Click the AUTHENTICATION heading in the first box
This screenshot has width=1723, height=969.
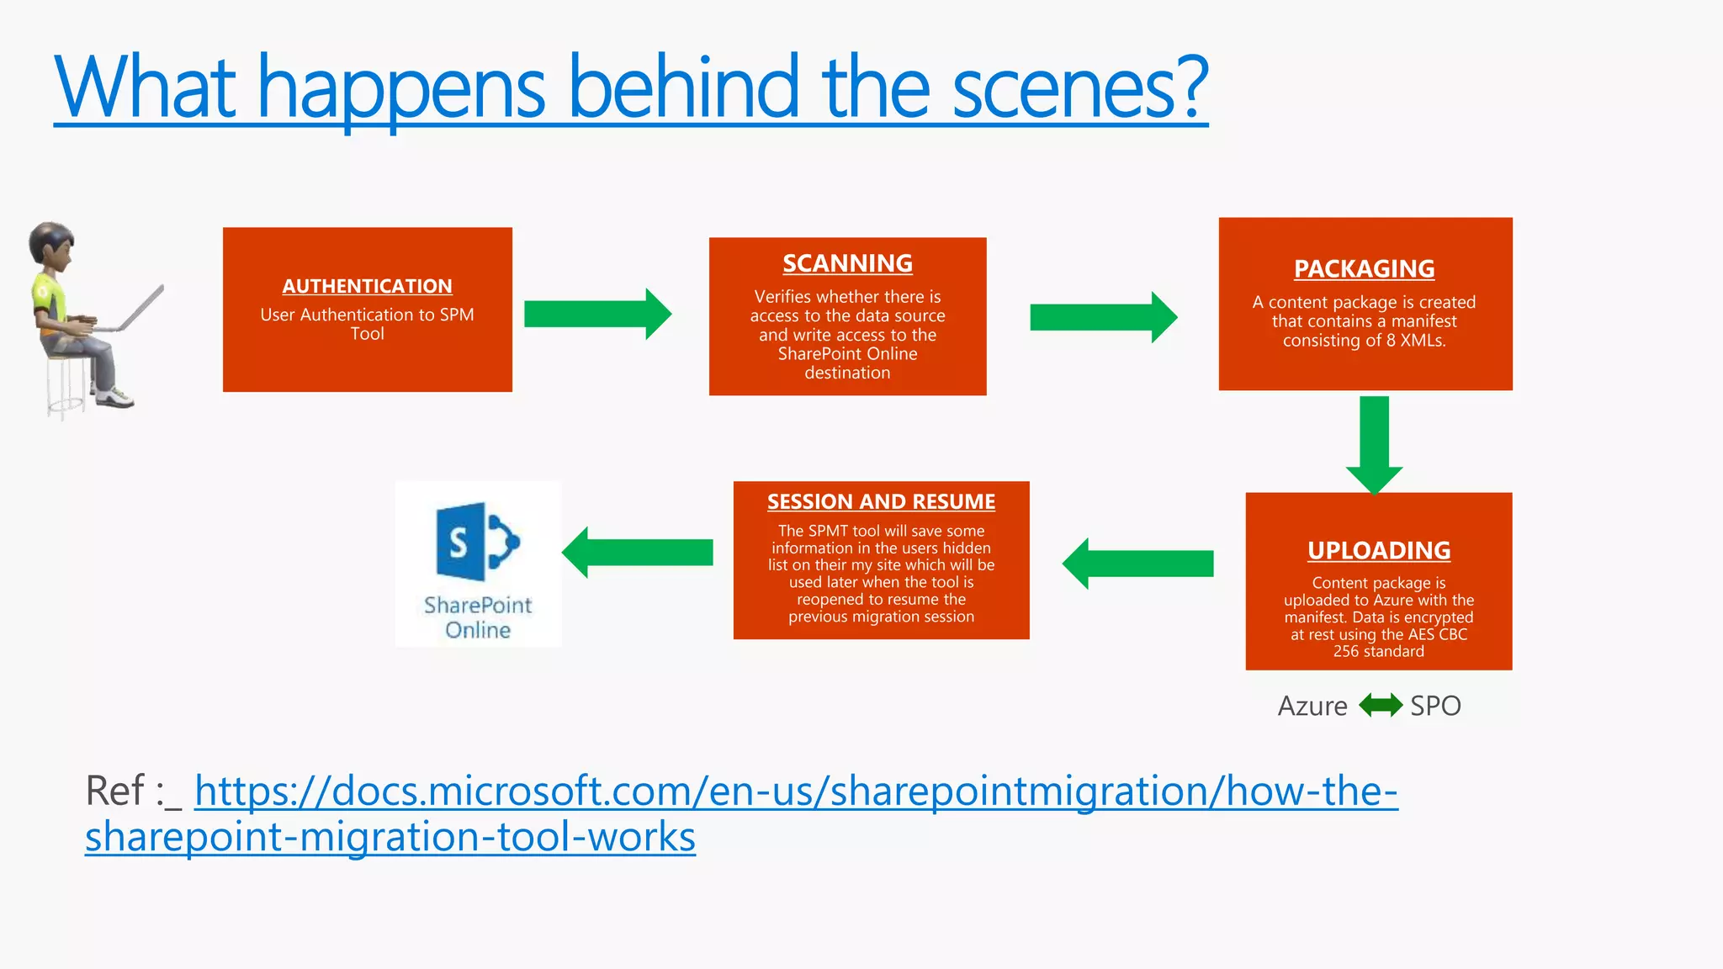pyautogui.click(x=367, y=286)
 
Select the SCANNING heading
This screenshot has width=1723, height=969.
pyautogui.click(x=847, y=263)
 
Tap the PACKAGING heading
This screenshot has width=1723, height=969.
pyautogui.click(x=1364, y=268)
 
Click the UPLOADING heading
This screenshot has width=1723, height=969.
pyautogui.click(x=1378, y=550)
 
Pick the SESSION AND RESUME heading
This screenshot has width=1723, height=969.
pyautogui.click(x=881, y=501)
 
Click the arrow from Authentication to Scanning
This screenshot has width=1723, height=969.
pyautogui.click(x=597, y=314)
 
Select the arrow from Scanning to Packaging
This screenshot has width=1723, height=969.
pyautogui.click(x=1103, y=317)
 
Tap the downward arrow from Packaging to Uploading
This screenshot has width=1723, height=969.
pyautogui.click(x=1374, y=444)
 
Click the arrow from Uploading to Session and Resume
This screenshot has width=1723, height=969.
pyautogui.click(x=1138, y=564)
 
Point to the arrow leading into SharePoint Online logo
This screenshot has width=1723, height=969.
pyautogui.click(x=638, y=553)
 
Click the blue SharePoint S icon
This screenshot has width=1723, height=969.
pyautogui.click(x=477, y=542)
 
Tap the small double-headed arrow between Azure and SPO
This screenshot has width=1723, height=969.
pyautogui.click(x=1380, y=705)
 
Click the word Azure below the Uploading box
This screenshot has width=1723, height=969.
pyautogui.click(x=1312, y=706)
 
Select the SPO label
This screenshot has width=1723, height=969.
pyautogui.click(x=1435, y=706)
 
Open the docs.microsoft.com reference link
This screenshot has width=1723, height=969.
pyautogui.click(x=795, y=792)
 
